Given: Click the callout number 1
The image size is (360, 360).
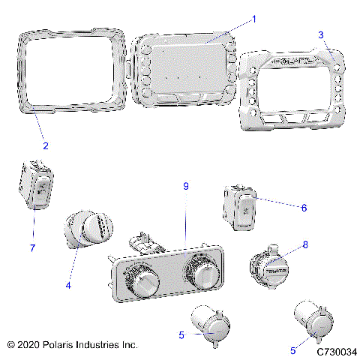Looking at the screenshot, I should click(253, 18).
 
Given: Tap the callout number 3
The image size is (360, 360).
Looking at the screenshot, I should click(321, 34).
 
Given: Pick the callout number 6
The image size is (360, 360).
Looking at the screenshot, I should click(304, 207).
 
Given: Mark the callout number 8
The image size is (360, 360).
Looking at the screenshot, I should click(304, 244).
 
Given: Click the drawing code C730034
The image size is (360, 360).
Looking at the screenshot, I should click(337, 350).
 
